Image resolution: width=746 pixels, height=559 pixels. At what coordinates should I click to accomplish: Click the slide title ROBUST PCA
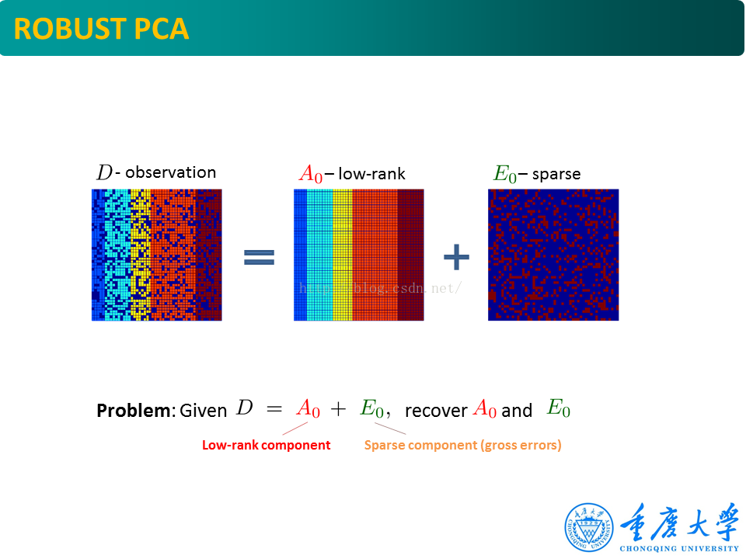pos(101,29)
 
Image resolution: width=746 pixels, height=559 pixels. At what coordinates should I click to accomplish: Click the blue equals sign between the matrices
pos(259,258)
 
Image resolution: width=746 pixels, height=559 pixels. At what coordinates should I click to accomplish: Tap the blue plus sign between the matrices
pos(456,257)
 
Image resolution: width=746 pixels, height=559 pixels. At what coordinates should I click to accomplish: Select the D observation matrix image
pos(156,255)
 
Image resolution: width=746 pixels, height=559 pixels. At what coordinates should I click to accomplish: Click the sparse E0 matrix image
pos(553,255)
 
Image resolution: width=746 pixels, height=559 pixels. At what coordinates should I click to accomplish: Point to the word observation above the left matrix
pos(170,172)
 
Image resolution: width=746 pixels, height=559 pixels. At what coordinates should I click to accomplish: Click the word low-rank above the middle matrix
pos(371,174)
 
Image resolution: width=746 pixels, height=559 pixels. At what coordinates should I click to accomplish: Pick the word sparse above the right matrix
pos(556,174)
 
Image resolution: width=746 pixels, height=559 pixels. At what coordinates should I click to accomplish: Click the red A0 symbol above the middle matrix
pos(310,174)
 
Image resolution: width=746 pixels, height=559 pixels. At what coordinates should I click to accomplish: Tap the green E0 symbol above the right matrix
pos(504,174)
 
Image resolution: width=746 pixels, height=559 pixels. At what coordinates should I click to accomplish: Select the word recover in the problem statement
pos(436,411)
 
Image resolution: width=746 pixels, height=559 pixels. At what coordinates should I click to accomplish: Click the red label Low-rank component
pos(266,445)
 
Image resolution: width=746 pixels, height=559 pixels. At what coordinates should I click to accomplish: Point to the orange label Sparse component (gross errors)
pos(462,445)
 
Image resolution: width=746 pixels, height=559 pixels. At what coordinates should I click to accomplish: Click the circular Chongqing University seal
pos(588,527)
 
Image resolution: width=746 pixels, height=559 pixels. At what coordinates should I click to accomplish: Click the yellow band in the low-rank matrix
pos(342,255)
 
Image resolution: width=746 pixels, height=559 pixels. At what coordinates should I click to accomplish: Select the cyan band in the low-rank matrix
pos(319,255)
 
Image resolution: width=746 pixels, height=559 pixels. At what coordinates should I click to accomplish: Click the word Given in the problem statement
pos(203,411)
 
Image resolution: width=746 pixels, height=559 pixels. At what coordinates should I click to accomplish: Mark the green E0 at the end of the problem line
pos(558,408)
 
